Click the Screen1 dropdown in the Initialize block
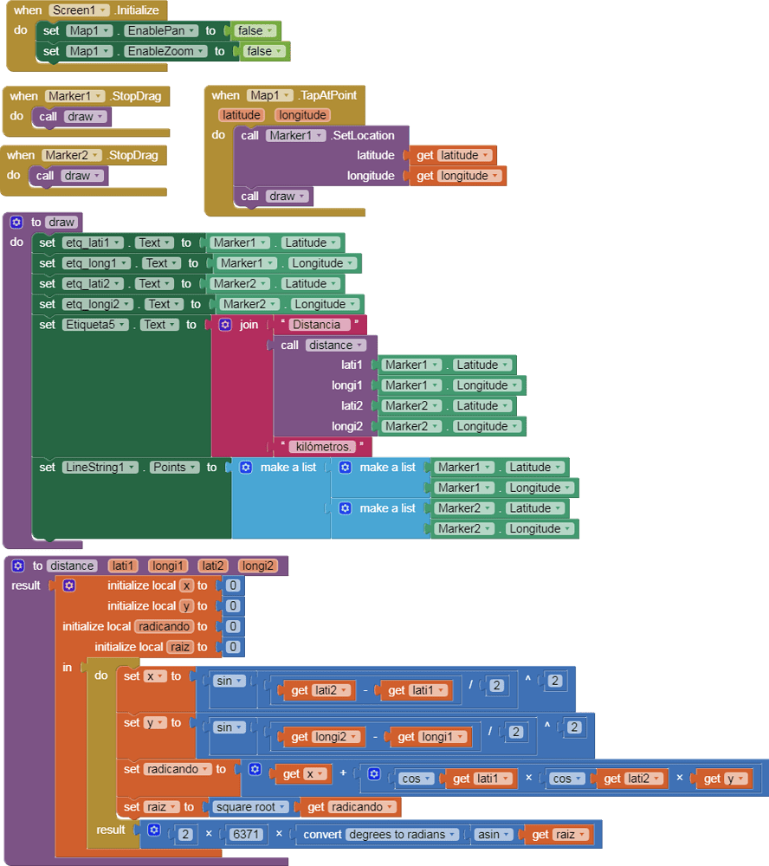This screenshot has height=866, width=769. pyautogui.click(x=80, y=10)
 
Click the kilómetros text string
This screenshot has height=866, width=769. pyautogui.click(x=323, y=447)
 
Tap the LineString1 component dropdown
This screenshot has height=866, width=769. pyautogui.click(x=100, y=467)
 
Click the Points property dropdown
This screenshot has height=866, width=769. pyautogui.click(x=174, y=467)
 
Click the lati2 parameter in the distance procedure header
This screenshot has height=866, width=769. pyautogui.click(x=212, y=565)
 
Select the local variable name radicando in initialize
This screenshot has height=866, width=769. pyautogui.click(x=164, y=626)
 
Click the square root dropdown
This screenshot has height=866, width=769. pyautogui.click(x=251, y=807)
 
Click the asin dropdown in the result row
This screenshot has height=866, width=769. pyautogui.click(x=494, y=835)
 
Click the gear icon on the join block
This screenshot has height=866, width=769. pyautogui.click(x=225, y=325)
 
